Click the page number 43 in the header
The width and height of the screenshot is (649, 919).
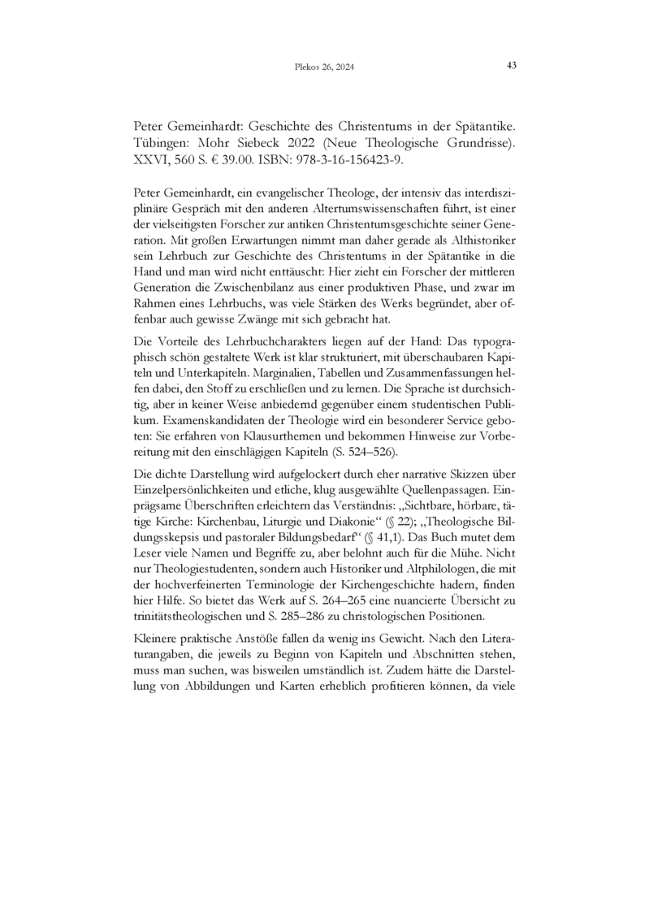point(512,65)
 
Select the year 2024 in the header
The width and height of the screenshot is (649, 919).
point(344,66)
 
